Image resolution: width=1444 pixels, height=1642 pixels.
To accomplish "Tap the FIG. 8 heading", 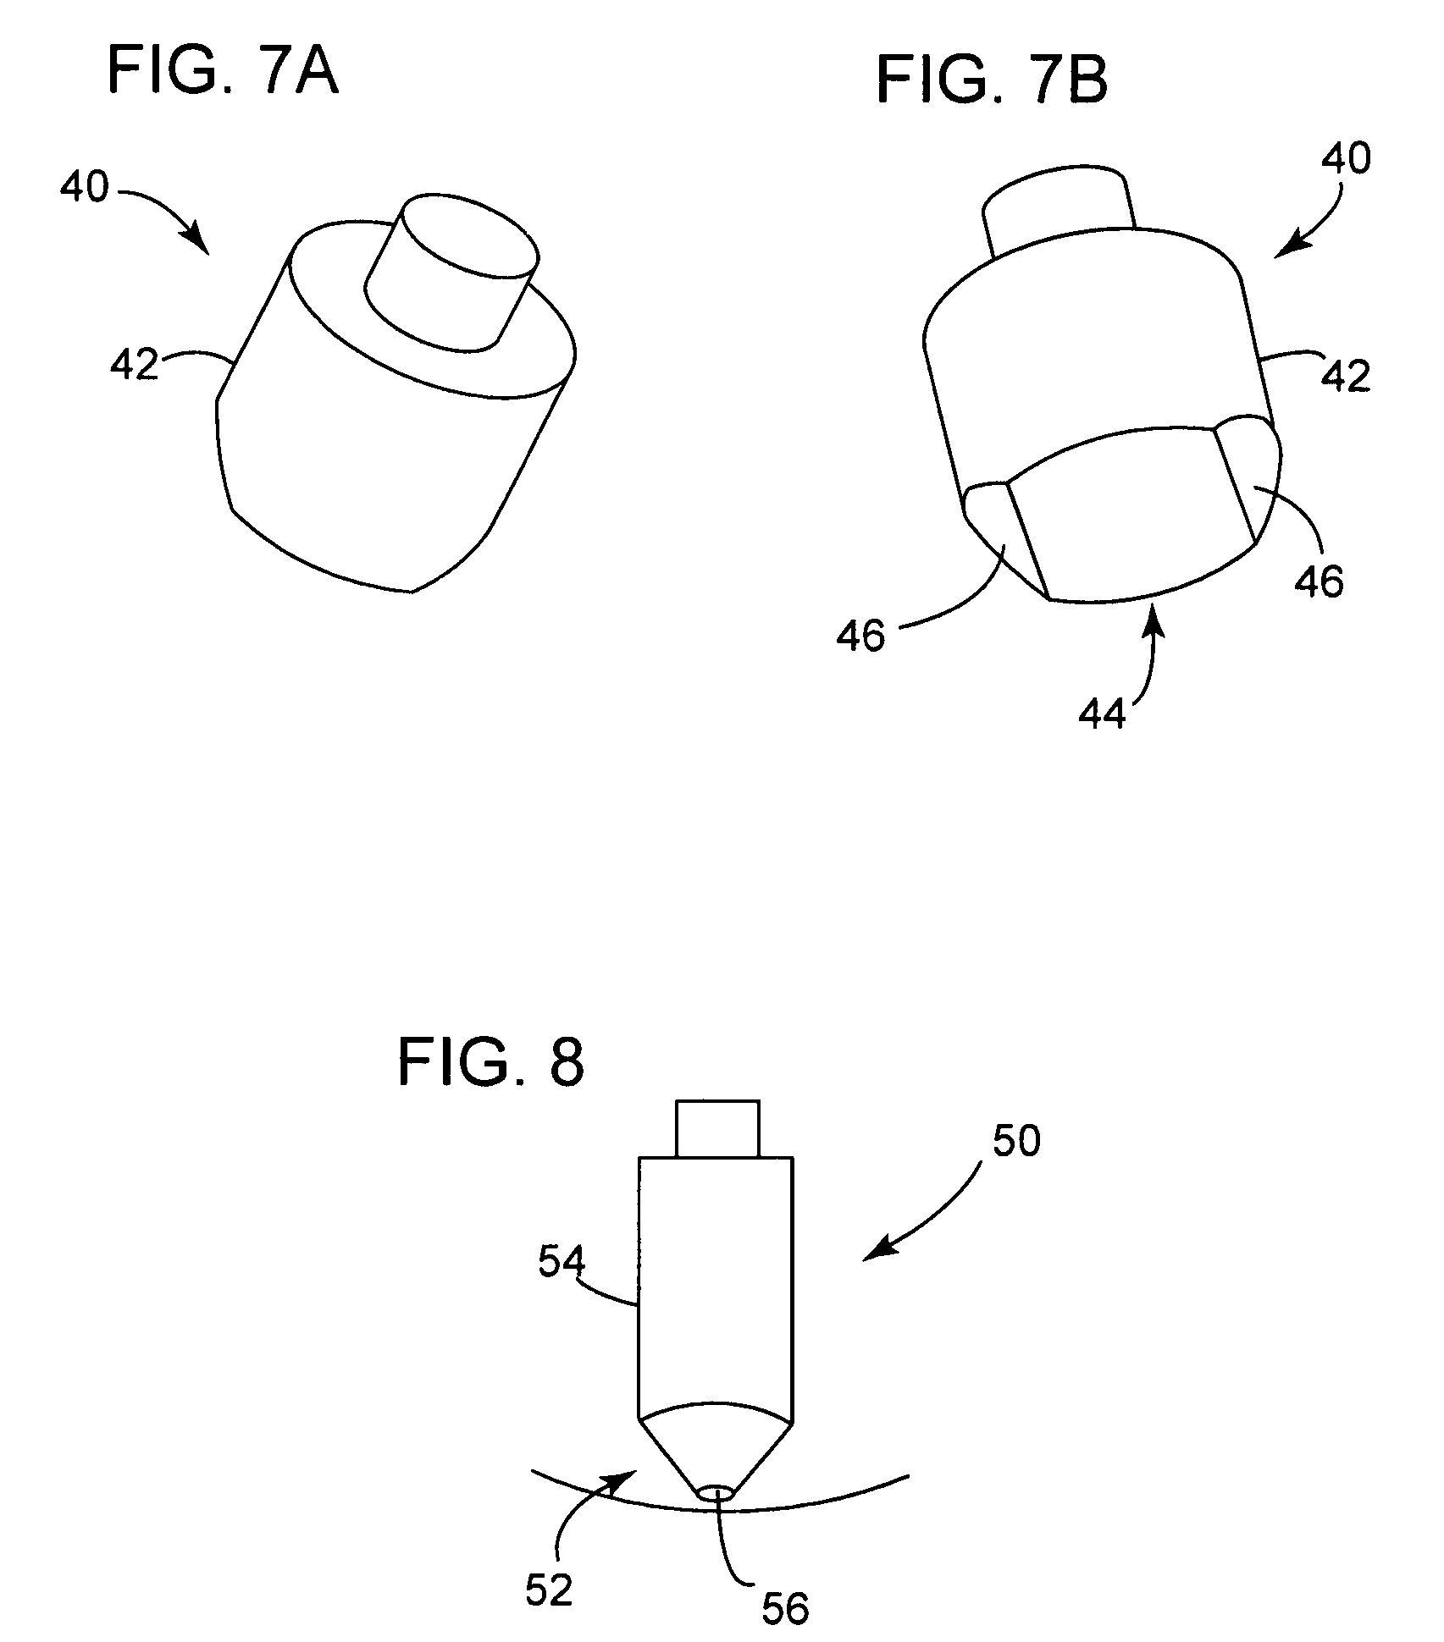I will (491, 1062).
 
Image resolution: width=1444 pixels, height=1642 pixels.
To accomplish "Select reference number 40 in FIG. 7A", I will (85, 186).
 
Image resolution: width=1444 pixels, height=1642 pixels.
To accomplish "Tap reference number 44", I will (1103, 714).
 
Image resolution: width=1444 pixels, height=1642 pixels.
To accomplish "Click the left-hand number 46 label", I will (860, 636).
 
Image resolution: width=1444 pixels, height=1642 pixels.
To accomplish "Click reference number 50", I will (1016, 1142).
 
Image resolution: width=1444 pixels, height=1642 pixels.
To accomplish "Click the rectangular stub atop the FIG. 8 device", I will (716, 1128).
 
